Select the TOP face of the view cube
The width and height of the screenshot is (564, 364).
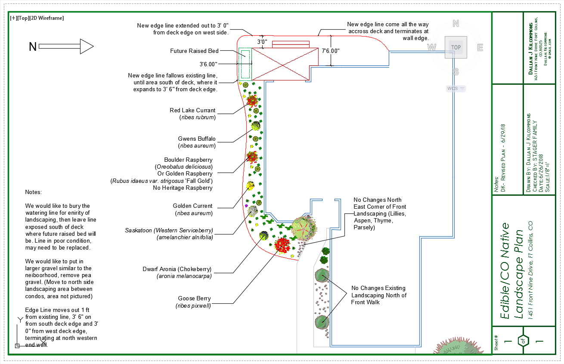[456, 47]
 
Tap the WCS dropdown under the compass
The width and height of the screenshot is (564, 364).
[456, 88]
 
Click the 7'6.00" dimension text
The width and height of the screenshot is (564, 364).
[331, 51]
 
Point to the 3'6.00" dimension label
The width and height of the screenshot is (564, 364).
[208, 64]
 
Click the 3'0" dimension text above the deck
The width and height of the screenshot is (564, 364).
[262, 42]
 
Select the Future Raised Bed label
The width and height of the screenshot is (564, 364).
[194, 51]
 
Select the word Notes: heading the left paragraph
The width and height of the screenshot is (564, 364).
[34, 192]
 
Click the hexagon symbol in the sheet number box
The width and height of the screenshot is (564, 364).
[523, 341]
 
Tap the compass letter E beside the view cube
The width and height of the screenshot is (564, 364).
[480, 47]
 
